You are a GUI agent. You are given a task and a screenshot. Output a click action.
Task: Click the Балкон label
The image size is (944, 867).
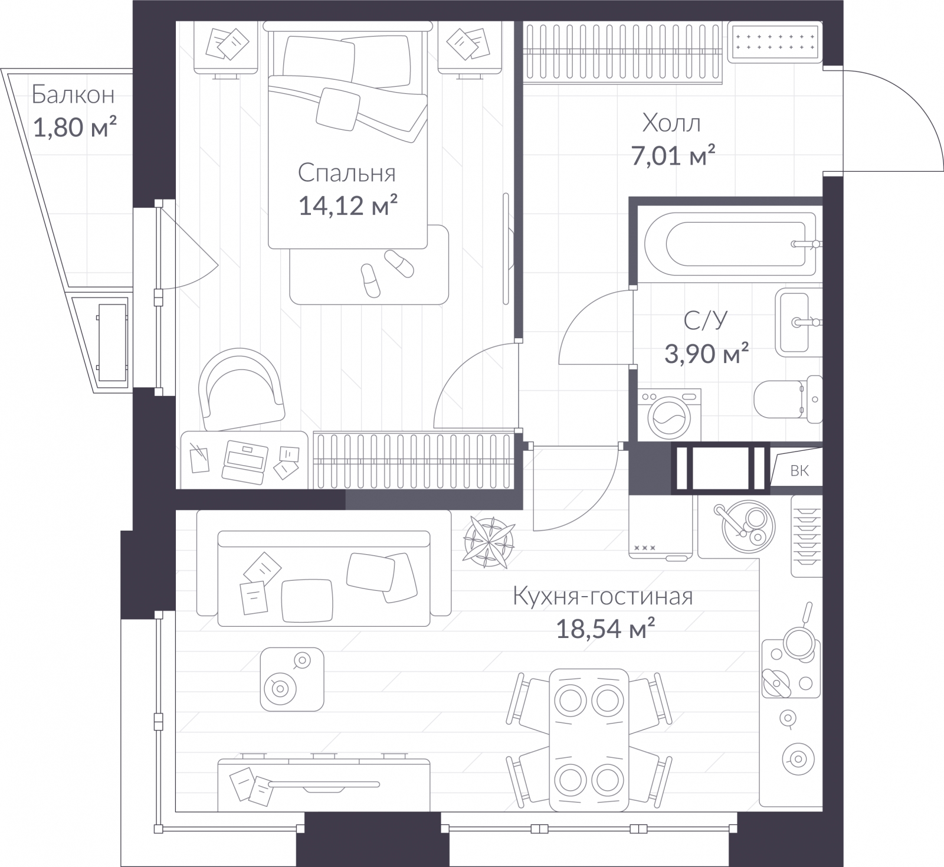pyautogui.click(x=73, y=94)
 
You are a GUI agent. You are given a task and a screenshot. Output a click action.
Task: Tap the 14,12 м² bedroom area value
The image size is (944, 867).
pyautogui.click(x=348, y=206)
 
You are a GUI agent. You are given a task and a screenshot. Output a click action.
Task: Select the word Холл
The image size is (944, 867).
pyautogui.click(x=671, y=123)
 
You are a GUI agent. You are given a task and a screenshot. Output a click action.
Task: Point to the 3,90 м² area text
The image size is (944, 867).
pyautogui.click(x=707, y=354)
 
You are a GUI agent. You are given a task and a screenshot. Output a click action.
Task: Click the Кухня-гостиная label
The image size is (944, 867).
pyautogui.click(x=602, y=597)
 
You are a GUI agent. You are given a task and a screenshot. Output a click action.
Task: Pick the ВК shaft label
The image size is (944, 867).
pyautogui.click(x=799, y=470)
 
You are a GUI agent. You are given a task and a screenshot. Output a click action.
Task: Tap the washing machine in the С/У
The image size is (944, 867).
pyautogui.click(x=669, y=414)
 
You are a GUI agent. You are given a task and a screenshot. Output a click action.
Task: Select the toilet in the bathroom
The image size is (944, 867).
pyautogui.click(x=788, y=400)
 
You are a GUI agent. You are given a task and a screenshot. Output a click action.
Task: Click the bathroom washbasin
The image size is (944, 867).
pyautogui.click(x=798, y=322)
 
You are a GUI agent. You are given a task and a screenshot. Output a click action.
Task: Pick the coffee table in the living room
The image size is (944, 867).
pyautogui.click(x=292, y=679)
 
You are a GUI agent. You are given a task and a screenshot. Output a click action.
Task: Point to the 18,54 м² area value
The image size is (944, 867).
pyautogui.click(x=605, y=630)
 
